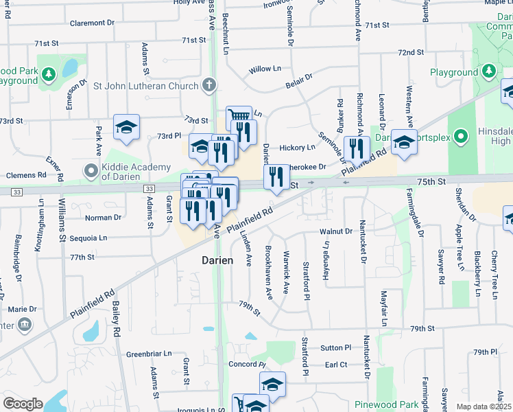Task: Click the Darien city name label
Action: (218, 261)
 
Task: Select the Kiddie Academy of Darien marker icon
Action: (90, 170)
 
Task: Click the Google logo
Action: (23, 404)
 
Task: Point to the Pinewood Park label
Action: (386, 404)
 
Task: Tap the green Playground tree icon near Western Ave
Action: (489, 71)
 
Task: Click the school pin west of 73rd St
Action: (126, 127)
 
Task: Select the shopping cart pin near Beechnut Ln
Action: (239, 117)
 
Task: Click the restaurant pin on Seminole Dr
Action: (357, 148)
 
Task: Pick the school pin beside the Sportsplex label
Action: (404, 142)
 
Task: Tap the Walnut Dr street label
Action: (335, 231)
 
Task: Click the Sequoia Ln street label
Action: (88, 238)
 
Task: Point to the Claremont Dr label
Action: (92, 23)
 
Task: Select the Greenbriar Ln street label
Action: (149, 354)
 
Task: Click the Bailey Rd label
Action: (117, 321)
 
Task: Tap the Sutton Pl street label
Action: (335, 348)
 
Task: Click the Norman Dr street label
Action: (103, 217)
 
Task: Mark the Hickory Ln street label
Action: (297, 148)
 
